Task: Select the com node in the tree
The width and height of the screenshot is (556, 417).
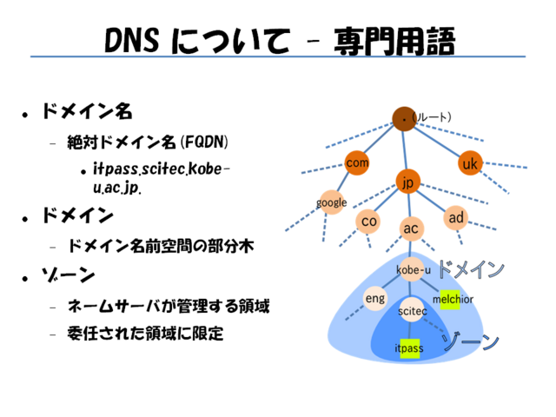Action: [x=357, y=162]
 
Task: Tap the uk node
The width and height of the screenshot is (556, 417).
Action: [x=470, y=163]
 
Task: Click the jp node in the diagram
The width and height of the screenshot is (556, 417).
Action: [x=407, y=182]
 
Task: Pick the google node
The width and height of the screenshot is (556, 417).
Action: [x=332, y=202]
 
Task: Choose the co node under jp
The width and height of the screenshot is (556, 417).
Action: [x=369, y=222]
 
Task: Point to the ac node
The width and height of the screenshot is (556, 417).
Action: [x=412, y=228]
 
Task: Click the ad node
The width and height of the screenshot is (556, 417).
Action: [x=457, y=216]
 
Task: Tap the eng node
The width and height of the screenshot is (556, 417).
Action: [x=374, y=299]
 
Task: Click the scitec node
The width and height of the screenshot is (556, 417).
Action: [x=411, y=310]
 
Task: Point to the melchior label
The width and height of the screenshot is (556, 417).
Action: [x=453, y=299]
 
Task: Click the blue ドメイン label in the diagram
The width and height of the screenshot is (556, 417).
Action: [x=470, y=269]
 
